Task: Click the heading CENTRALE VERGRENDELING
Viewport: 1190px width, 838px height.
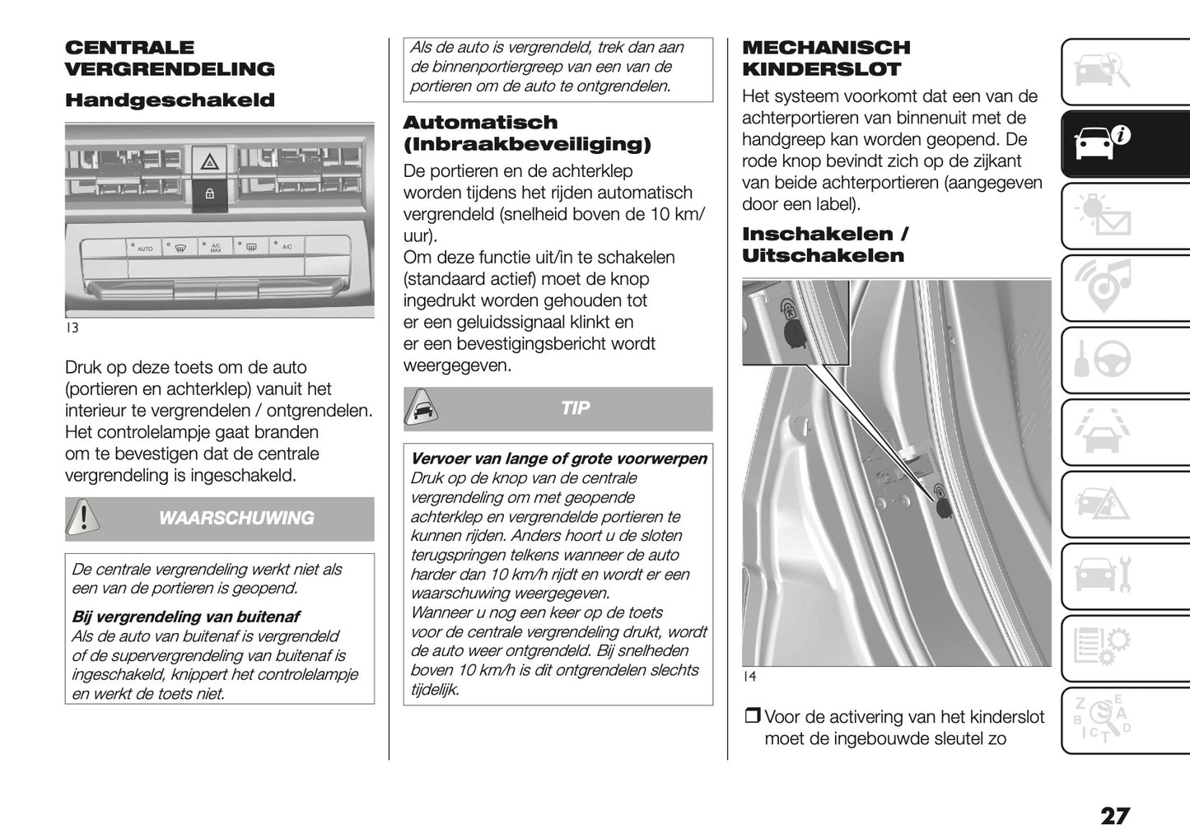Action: click(169, 58)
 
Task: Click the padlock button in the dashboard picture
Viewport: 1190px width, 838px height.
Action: click(209, 194)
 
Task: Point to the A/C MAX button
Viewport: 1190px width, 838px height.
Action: click(215, 247)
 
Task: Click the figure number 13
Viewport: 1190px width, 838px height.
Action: click(72, 328)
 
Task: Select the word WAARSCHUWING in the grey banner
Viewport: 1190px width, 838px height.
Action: click(236, 518)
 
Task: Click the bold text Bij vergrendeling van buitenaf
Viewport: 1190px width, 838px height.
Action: click(185, 617)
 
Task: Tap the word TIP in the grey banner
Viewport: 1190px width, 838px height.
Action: click(575, 408)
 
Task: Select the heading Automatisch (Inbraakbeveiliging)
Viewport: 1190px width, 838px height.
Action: click(526, 133)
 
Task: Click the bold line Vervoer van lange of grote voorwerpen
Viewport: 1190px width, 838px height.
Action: click(558, 459)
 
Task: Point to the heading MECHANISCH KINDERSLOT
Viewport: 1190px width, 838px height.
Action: click(826, 58)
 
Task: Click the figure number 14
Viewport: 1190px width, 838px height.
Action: click(749, 676)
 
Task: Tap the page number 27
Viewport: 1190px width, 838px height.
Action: click(1114, 816)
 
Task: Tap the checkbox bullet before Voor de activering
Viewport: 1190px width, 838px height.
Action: click(752, 717)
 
